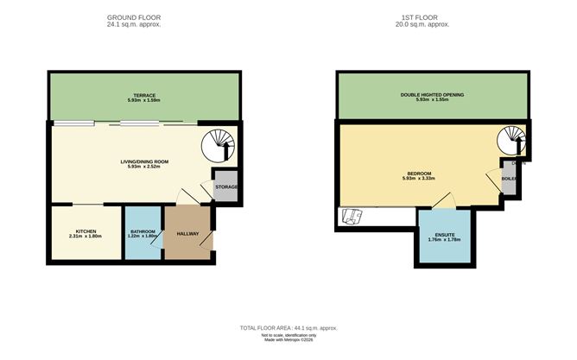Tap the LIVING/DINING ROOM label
(x=144, y=161)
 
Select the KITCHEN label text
(x=86, y=231)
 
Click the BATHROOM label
(x=143, y=231)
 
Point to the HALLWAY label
(x=188, y=233)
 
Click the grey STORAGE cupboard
(x=226, y=187)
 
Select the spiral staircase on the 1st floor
(x=512, y=142)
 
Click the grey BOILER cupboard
(x=509, y=180)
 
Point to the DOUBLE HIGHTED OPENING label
(x=432, y=94)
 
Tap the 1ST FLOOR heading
(x=424, y=17)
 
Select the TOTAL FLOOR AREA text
(x=288, y=329)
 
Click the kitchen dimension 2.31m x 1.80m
(x=86, y=237)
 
